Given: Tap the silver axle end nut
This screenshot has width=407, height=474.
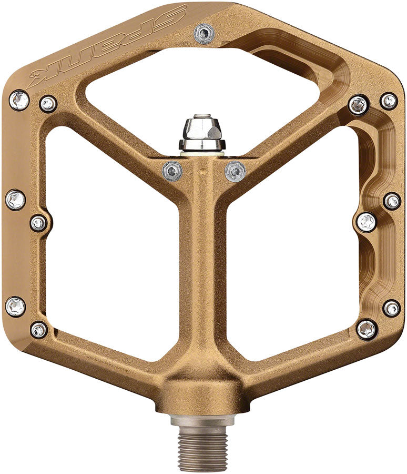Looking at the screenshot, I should tap(202, 134).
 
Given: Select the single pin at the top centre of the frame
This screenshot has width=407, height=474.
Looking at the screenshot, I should tap(203, 34).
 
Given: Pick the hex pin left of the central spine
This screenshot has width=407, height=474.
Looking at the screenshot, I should tap(172, 170).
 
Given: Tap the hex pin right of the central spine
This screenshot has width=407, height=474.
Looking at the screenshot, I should tap(235, 171).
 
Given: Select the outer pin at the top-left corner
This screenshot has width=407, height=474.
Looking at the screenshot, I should tap(19, 100).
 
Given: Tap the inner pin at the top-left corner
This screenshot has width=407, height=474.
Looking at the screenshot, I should tap(48, 103).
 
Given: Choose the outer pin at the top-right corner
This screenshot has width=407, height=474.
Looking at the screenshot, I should tap(389, 101).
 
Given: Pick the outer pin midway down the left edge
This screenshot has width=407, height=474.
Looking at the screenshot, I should tap(15, 200).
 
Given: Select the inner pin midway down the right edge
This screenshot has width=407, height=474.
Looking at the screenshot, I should tap(367, 222).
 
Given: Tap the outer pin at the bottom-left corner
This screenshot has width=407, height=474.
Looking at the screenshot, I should tap(15, 307).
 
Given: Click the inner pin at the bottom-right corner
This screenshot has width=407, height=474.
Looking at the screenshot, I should tap(367, 330).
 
